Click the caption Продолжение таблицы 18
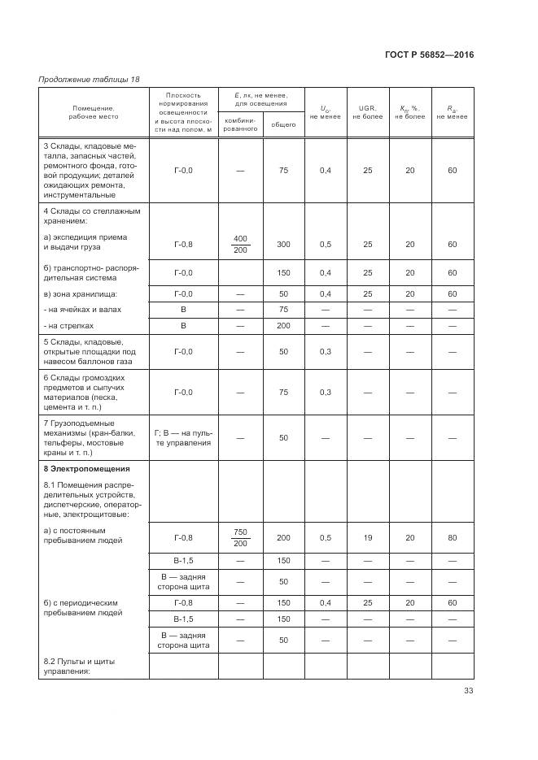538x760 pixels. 89,79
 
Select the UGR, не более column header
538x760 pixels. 367,112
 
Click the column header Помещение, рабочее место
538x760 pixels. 94,112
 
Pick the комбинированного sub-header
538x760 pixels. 240,124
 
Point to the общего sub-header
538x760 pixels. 283,124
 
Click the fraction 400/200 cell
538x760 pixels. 240,244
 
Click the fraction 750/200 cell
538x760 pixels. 240,537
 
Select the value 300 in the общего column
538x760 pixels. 283,244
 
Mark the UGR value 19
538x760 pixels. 367,537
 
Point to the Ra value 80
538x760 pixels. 452,537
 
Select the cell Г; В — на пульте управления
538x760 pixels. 183,438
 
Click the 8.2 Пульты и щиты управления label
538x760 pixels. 77,666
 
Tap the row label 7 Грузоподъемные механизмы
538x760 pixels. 90,438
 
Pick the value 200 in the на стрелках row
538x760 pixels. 283,325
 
